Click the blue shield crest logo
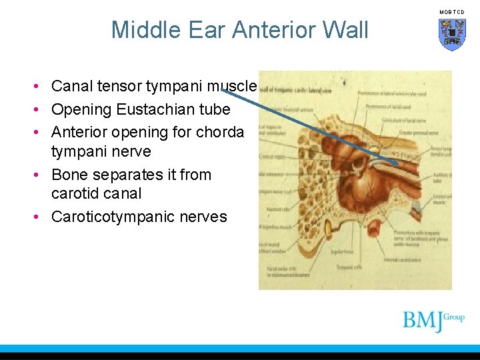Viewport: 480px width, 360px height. click(452, 34)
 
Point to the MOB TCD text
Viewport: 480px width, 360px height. click(452, 12)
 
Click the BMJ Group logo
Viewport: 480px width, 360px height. click(433, 321)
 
